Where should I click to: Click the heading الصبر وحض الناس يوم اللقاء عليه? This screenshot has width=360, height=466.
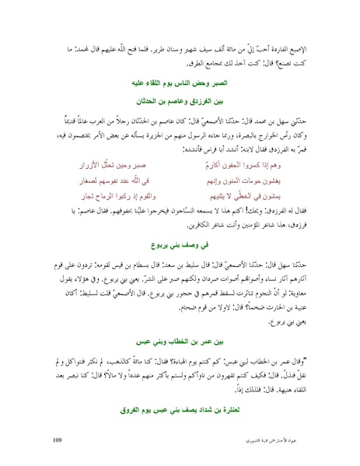pos(180,80)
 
